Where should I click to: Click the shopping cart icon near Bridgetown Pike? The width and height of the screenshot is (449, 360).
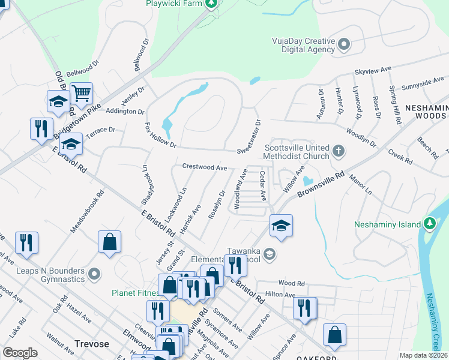81,94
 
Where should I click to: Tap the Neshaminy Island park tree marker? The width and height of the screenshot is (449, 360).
429,224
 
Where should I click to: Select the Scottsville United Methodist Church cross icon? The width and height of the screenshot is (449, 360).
339,151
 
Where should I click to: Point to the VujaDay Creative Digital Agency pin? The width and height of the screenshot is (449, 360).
344,44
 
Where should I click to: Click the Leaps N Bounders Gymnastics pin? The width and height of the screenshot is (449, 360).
94,274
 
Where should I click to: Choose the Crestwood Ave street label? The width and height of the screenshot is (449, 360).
204,167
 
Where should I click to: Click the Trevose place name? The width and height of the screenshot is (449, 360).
91,344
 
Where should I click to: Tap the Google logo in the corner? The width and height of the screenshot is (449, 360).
20,352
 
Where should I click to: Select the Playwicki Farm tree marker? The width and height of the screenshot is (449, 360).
211,4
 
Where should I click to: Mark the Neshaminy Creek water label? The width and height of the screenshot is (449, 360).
437,324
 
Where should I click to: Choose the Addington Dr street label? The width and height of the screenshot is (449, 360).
125,112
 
